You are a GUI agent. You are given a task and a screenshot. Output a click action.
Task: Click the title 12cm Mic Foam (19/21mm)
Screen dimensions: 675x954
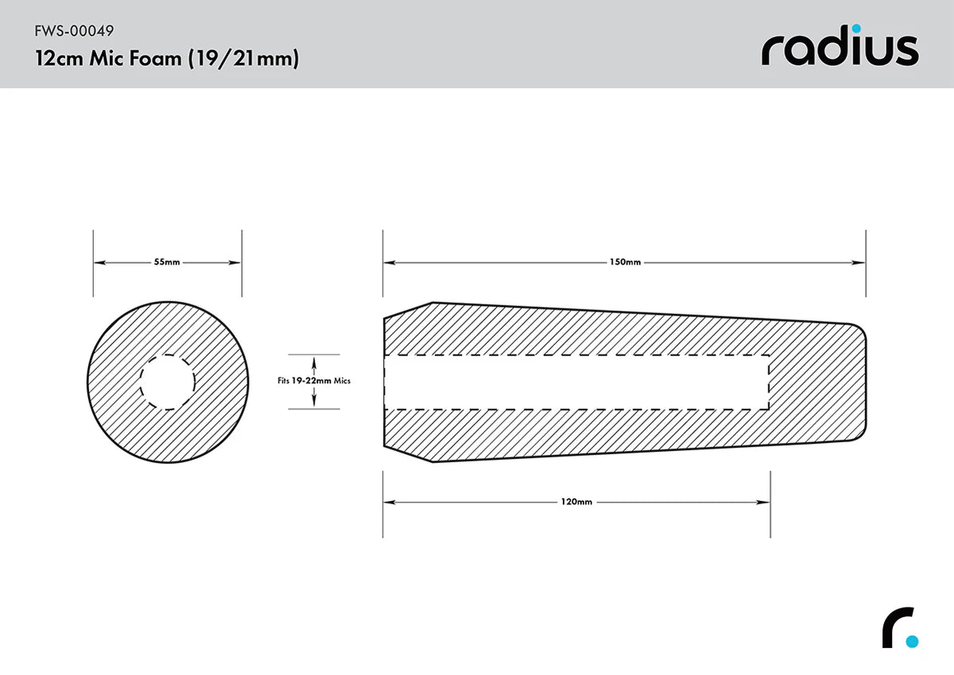pyautogui.click(x=167, y=59)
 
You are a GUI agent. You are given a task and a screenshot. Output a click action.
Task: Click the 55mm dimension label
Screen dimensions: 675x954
pyautogui.click(x=167, y=262)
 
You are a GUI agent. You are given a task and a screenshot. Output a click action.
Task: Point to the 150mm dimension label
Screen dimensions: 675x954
pyautogui.click(x=624, y=262)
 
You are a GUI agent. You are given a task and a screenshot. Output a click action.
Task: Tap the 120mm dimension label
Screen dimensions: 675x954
pyautogui.click(x=576, y=502)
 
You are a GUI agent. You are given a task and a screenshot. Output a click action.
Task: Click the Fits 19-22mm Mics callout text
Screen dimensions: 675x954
pyautogui.click(x=314, y=381)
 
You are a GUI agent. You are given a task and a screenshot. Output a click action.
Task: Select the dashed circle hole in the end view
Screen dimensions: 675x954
pyautogui.click(x=167, y=382)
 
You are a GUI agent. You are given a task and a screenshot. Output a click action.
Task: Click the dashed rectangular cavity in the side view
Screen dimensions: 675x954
pyautogui.click(x=576, y=382)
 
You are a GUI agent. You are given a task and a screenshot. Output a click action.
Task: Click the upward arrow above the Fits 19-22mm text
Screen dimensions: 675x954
pyautogui.click(x=314, y=365)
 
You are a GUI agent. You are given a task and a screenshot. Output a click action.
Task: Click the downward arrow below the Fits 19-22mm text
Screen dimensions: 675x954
pyautogui.click(x=314, y=399)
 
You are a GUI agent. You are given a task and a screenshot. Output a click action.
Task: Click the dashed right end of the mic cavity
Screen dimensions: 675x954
pyautogui.click(x=769, y=382)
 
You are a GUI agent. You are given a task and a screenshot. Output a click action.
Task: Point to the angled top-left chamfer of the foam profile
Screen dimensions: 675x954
pyautogui.click(x=407, y=310)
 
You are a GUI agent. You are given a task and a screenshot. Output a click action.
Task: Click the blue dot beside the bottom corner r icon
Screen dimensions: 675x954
pyautogui.click(x=912, y=641)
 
